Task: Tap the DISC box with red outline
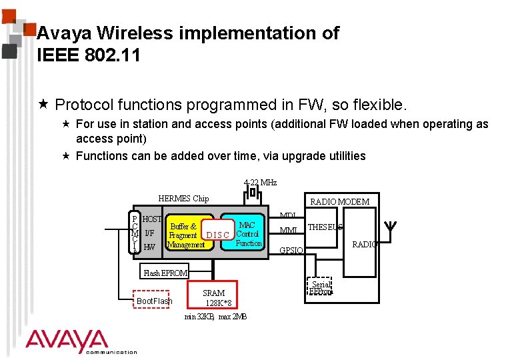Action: coord(218,235)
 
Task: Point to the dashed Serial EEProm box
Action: coord(321,287)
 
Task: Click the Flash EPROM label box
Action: coord(166,273)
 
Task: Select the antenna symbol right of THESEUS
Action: coord(392,228)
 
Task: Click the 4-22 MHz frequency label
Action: coord(260,182)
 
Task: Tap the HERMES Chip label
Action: coord(183,198)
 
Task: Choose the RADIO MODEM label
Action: coord(340,201)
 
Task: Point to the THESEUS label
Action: coord(325,227)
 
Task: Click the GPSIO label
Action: coord(291,251)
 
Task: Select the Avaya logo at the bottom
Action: coord(67,341)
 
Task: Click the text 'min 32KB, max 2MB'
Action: coord(215,317)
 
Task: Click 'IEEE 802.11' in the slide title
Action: coord(89,55)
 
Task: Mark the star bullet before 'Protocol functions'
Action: coord(44,105)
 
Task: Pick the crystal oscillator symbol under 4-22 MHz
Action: coord(253,193)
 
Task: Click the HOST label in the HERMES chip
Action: coord(152,219)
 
